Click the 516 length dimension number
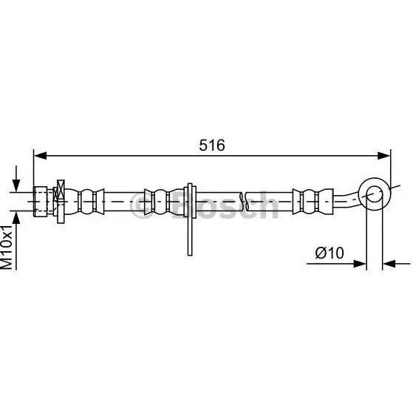[212, 145]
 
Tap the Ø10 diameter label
[330, 253]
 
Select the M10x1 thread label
[7, 247]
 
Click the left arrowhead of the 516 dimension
[41, 156]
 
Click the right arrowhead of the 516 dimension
[383, 156]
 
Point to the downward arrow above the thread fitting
[16, 179]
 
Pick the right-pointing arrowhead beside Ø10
[360, 264]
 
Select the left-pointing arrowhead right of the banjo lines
[389, 264]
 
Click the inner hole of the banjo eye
[375, 194]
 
